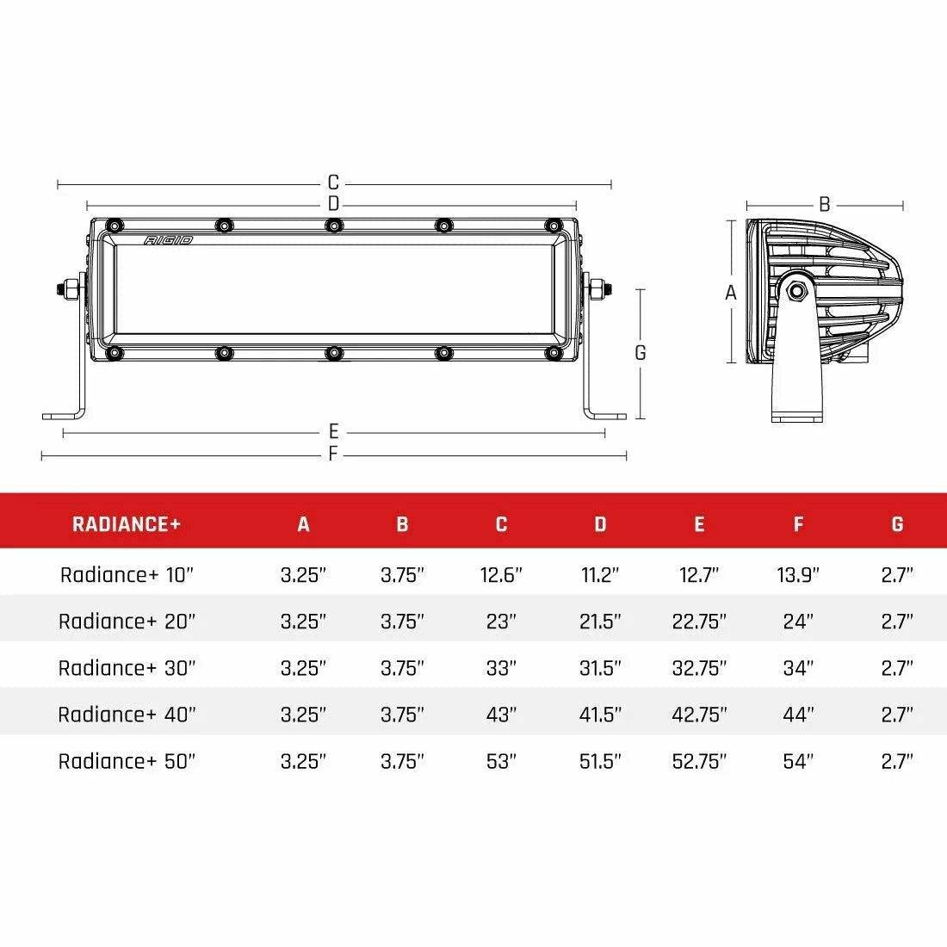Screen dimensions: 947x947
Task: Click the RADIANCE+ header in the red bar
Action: point(127,523)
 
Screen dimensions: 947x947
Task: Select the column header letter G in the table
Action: point(897,523)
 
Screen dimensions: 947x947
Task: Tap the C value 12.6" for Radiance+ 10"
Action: point(501,575)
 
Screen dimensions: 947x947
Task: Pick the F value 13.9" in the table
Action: point(798,575)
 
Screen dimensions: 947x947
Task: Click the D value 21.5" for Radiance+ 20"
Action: point(600,622)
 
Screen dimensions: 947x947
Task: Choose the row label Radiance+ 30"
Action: point(127,668)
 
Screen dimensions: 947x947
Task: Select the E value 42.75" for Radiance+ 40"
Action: point(699,715)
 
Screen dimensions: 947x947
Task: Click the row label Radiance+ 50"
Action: point(127,761)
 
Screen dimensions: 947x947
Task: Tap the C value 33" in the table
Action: point(500,668)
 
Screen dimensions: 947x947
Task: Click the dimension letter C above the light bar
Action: point(333,183)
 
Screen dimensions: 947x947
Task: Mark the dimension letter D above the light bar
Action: point(333,204)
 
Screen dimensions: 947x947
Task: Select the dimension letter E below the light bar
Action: point(333,432)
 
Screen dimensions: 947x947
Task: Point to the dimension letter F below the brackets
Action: point(333,455)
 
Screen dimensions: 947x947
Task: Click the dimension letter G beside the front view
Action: point(640,353)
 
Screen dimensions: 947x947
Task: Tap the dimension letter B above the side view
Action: point(824,205)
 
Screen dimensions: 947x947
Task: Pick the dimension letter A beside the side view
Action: point(731,293)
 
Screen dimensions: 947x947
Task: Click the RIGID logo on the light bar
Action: point(169,240)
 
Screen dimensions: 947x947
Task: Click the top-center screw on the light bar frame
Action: point(333,226)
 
